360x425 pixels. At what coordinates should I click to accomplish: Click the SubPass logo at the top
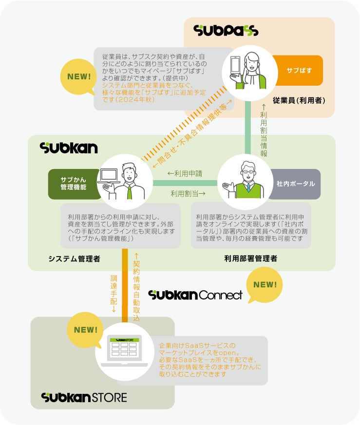coord(226,31)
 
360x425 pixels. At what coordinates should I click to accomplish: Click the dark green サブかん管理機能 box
coord(74,184)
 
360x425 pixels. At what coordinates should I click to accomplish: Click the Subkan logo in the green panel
coord(69,148)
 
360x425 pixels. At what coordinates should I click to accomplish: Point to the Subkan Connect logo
coord(195,295)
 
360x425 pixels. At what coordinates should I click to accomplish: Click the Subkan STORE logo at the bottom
coord(84,397)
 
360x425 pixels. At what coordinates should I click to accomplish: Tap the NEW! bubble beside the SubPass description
coord(79,76)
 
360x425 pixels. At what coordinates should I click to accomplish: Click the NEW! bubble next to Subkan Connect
coord(265,285)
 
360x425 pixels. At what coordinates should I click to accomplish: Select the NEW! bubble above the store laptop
coord(86,330)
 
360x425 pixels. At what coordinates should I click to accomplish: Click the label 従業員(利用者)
coord(299,101)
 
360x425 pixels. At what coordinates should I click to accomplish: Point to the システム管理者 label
coord(74,259)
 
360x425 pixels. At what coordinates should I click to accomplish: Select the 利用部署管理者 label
coord(251,259)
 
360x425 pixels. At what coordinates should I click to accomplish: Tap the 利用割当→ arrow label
coord(188,194)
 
